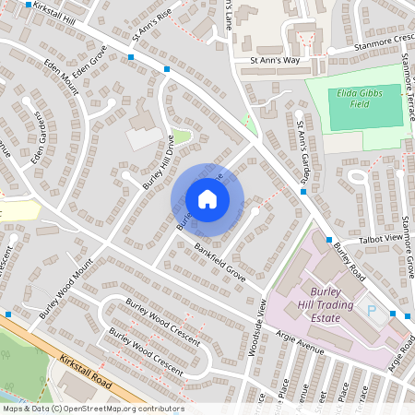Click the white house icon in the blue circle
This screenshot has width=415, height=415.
pos(207,199)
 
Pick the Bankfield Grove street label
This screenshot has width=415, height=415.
pos(219,262)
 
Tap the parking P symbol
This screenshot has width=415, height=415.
pos(373,313)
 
